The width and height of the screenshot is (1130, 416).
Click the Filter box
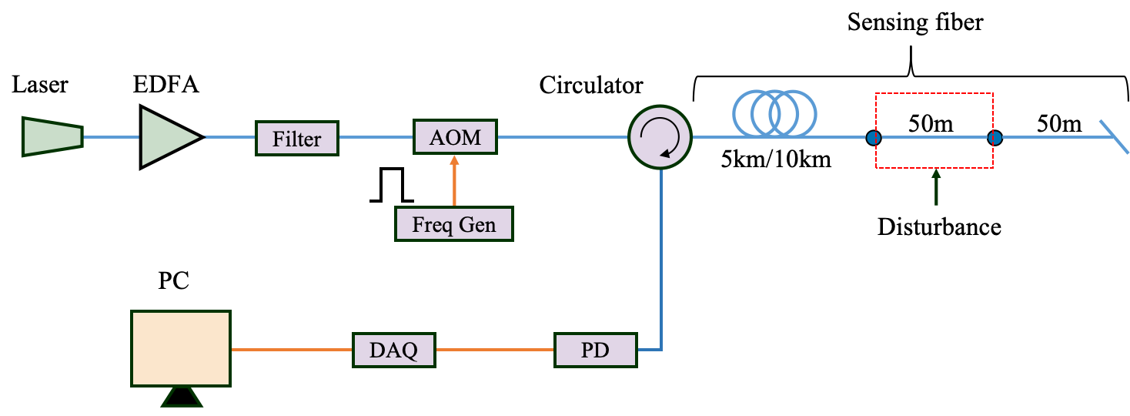296,139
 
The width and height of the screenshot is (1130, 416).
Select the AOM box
455,137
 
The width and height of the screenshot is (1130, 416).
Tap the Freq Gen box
453,224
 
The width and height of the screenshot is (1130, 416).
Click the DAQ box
393,350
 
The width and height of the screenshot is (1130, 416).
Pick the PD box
596,350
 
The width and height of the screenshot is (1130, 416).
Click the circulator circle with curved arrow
660,137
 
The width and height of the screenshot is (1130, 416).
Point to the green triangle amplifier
166,137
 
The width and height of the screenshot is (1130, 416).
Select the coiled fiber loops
774,113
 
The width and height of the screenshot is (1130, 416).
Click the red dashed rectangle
934,94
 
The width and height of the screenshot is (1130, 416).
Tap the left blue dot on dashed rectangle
873,138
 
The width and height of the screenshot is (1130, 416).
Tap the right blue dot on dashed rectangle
995,138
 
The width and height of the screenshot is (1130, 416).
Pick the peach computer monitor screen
181,348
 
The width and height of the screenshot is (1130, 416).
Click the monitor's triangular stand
182,397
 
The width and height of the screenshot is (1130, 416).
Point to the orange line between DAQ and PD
495,350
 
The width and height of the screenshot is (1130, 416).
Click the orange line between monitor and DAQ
292,350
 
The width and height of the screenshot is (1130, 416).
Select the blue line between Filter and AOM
376,137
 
